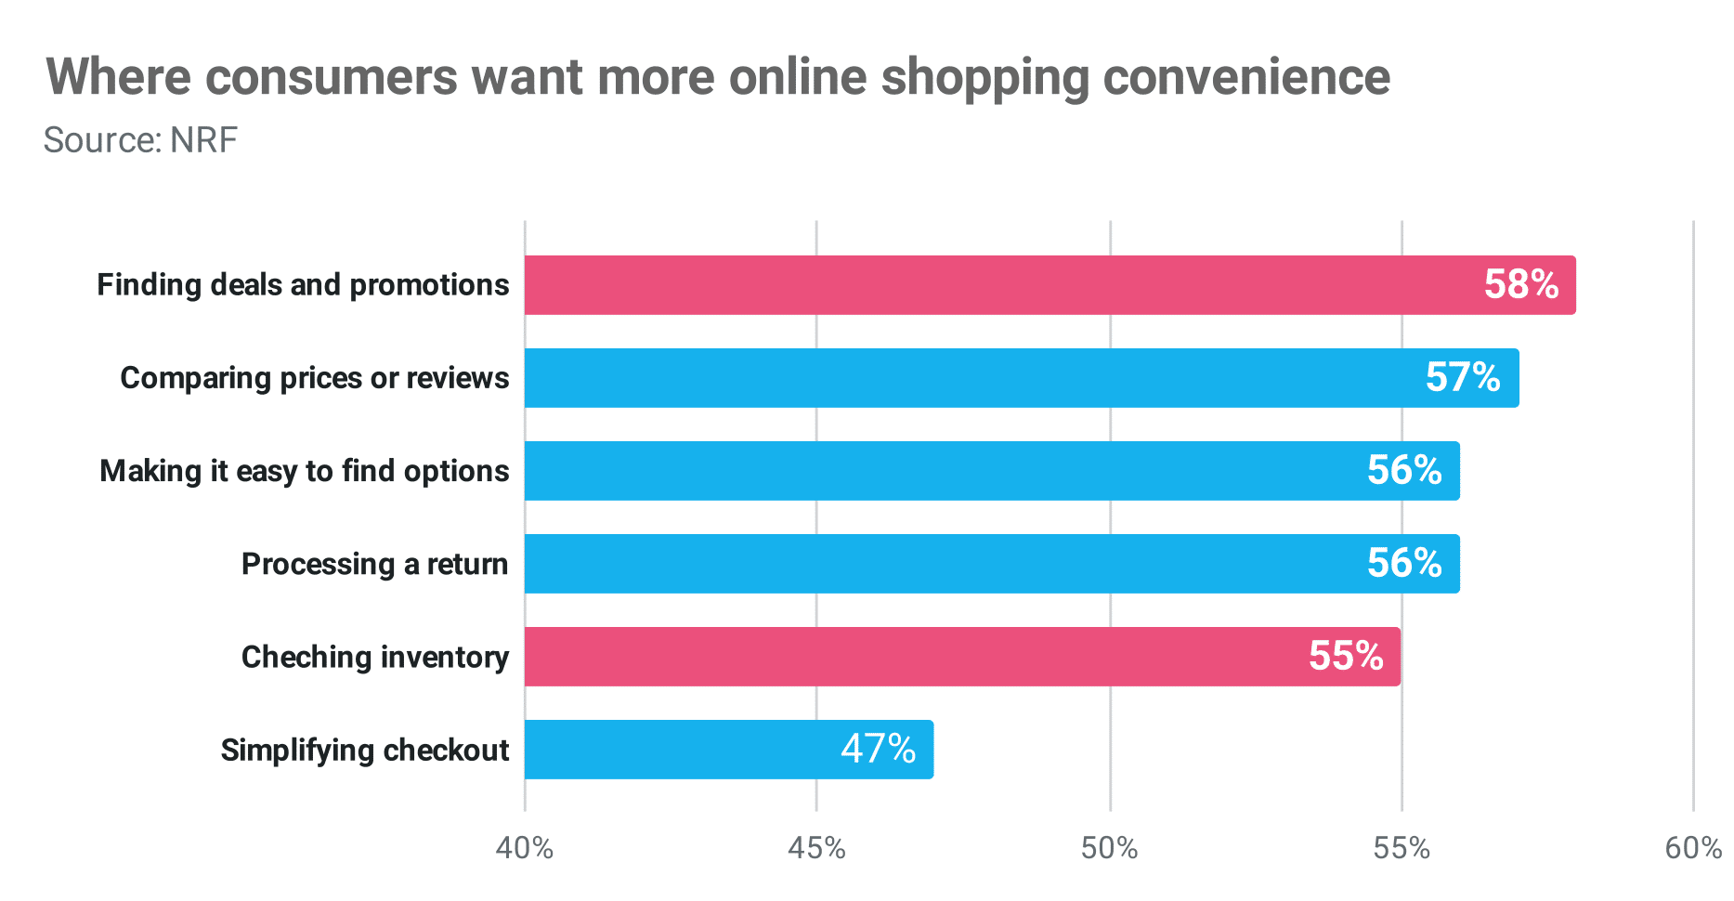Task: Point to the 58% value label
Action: pyautogui.click(x=1520, y=285)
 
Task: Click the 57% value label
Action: pyautogui.click(x=1463, y=378)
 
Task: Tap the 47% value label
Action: pyautogui.click(x=878, y=749)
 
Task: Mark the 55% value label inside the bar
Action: pyautogui.click(x=1346, y=657)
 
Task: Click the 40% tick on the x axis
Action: pyautogui.click(x=525, y=848)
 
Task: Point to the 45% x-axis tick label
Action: pyautogui.click(x=816, y=848)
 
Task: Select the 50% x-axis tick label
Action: pyautogui.click(x=1110, y=848)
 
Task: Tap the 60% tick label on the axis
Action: pyautogui.click(x=1693, y=848)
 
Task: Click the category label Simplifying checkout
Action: pyautogui.click(x=365, y=751)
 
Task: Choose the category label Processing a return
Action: pyautogui.click(x=374, y=565)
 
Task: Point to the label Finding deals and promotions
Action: pyautogui.click(x=303, y=285)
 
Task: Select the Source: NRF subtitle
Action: pyautogui.click(x=140, y=140)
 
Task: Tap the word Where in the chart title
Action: pyautogui.click(x=119, y=77)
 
